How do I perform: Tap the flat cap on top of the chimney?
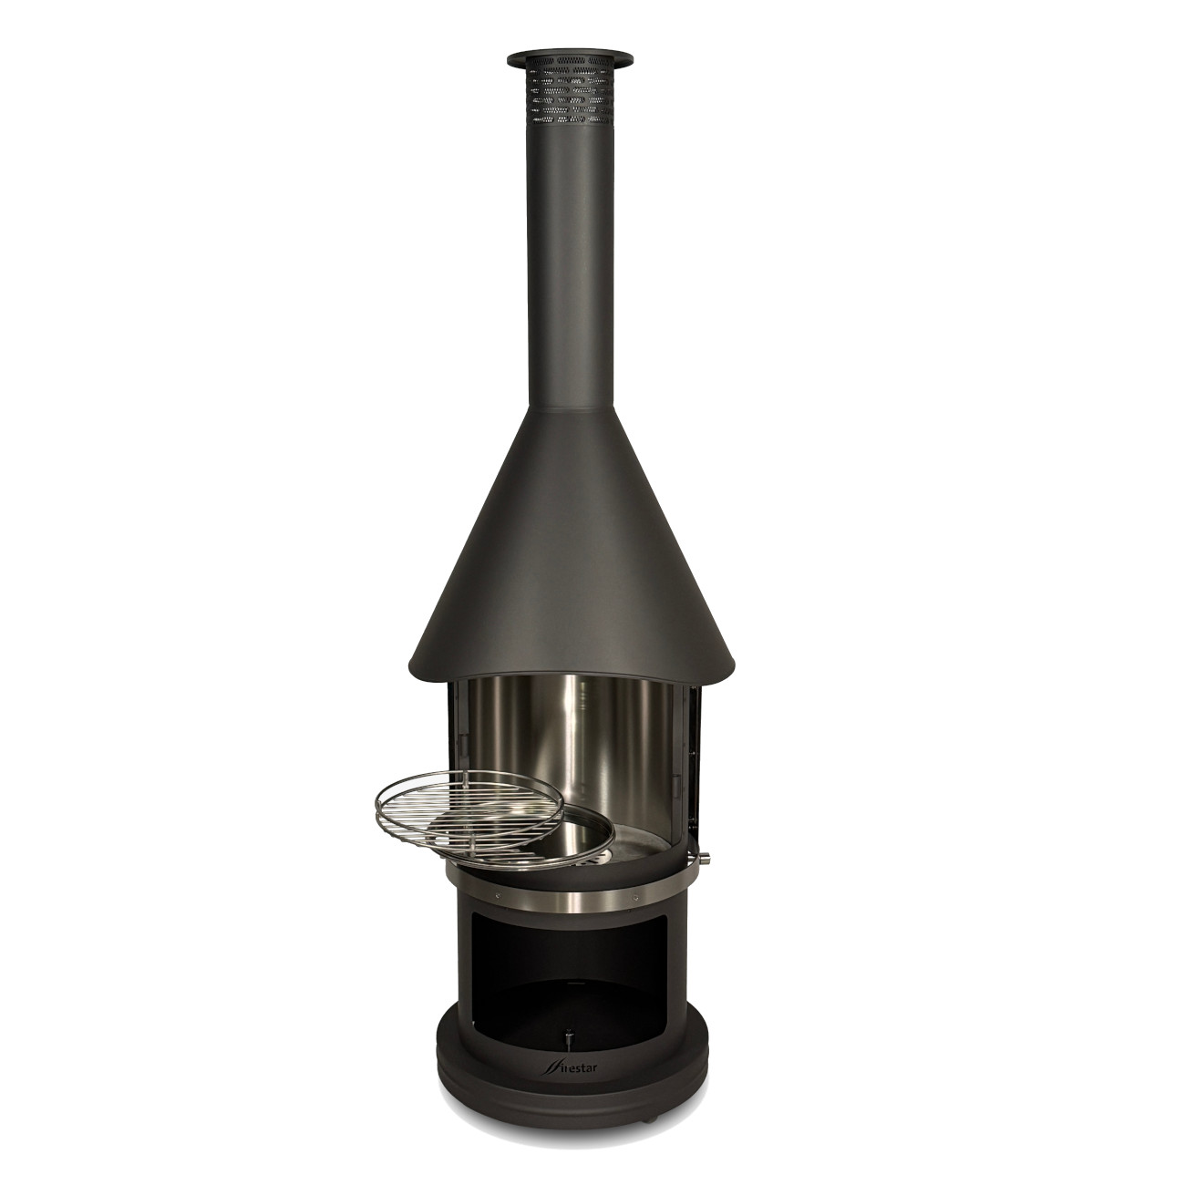[569, 59]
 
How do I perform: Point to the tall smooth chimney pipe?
[569, 264]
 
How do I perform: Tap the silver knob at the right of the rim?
[704, 858]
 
